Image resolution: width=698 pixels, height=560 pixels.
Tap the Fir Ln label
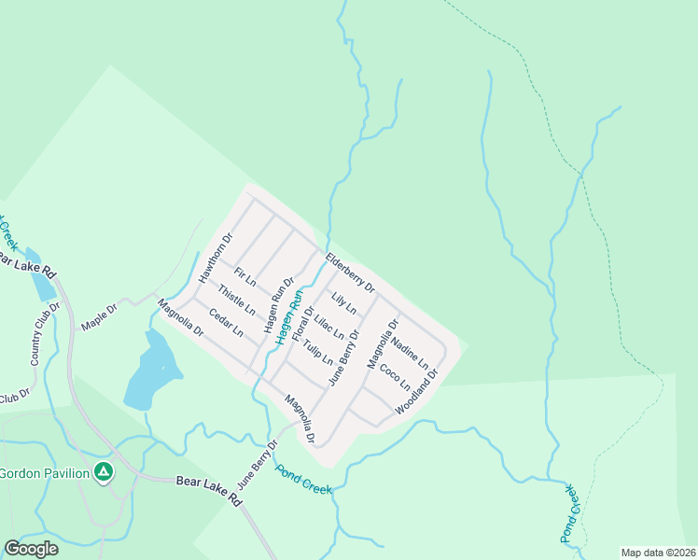coord(245,277)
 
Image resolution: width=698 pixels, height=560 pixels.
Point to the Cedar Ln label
coord(226,323)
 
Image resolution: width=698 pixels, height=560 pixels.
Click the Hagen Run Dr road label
coord(278,305)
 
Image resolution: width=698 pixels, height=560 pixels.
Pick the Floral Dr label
coord(301,322)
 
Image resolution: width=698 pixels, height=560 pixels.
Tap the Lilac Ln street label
coord(329,328)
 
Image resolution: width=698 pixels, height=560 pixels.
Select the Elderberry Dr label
coord(350,273)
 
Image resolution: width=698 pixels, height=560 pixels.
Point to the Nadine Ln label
coord(410,352)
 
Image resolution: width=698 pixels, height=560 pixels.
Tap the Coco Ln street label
coord(395,375)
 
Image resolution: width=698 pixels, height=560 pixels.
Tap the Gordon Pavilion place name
coord(45,473)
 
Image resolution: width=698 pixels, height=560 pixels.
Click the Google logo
coord(31,549)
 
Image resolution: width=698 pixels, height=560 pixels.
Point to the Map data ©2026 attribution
coord(658,553)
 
